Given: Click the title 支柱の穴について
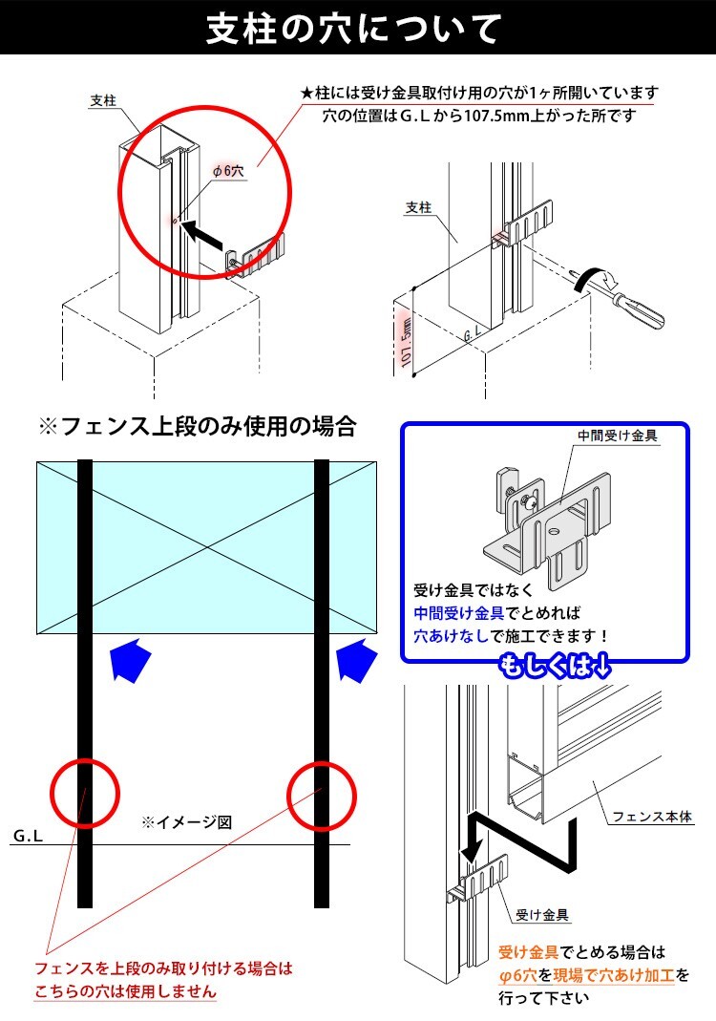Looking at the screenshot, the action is point(354,29).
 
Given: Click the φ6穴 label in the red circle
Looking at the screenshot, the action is point(228,171).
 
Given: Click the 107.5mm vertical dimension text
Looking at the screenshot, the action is point(406,341).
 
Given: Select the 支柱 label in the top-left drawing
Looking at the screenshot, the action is point(103,100).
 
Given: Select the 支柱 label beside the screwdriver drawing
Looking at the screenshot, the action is point(418,207).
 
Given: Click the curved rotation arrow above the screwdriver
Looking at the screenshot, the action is point(598,278).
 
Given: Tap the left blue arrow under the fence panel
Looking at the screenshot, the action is point(131,659).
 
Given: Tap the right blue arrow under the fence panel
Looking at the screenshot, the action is point(357,659).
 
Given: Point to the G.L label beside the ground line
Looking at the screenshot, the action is point(28,836).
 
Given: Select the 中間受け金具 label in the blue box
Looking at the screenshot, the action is point(618,436).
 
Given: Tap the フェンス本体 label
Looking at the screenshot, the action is point(652,817).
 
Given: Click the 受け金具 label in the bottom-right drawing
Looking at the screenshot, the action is point(542,915).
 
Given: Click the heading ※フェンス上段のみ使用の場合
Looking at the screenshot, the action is point(198,427).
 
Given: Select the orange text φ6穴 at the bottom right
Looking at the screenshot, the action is point(518,975).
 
